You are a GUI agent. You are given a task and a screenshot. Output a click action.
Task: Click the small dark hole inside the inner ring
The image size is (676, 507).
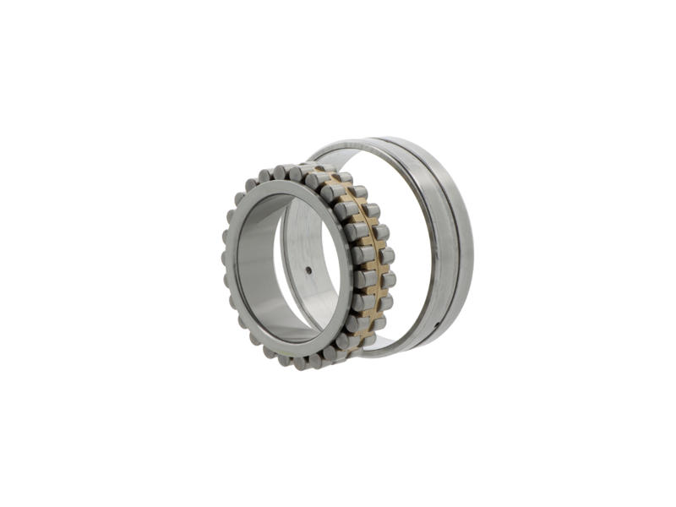point(308,270)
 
